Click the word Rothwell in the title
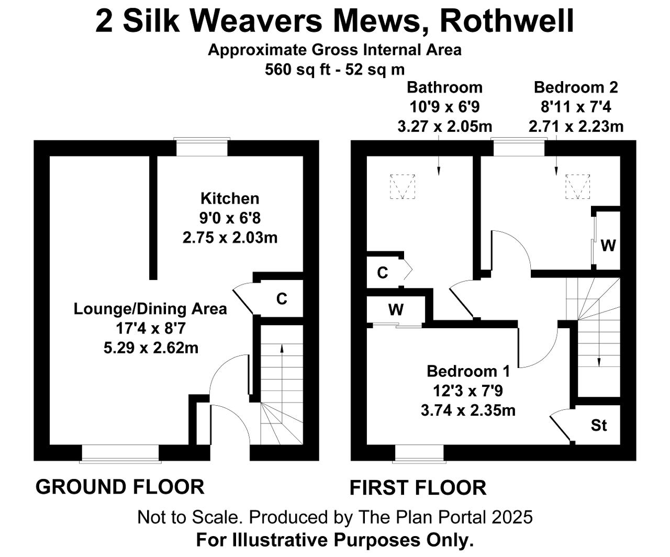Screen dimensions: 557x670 point(507,21)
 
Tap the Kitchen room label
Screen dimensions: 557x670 point(230,198)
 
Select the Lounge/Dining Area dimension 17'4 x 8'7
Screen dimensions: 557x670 point(151,328)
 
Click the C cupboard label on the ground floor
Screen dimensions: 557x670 point(282,299)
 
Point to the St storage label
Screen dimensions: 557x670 point(599,426)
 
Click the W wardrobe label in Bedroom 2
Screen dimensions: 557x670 point(608,245)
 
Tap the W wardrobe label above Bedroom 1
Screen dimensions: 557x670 point(396,310)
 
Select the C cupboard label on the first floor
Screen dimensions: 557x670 point(383,273)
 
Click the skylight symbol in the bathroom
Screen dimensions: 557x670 point(403,186)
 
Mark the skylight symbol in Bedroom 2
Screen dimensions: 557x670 point(578,186)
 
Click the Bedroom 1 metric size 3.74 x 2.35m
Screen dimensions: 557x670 point(468,410)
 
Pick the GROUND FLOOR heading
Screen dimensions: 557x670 point(120,487)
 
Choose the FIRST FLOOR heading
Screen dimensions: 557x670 point(418,488)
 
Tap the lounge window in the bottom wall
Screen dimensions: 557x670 point(120,453)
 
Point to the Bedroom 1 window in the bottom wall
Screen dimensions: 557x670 point(419,453)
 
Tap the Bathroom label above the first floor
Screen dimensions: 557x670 point(444,87)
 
